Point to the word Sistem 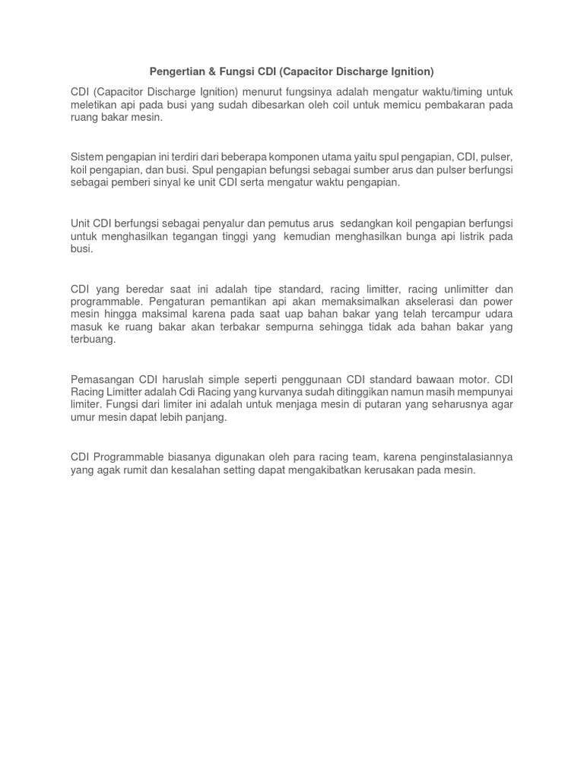87,157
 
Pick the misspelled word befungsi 302,170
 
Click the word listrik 458,236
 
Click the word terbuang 93,340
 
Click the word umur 84,417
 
